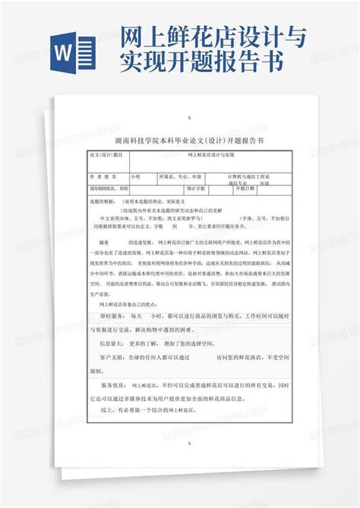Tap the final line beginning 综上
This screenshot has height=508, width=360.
[144, 410]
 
